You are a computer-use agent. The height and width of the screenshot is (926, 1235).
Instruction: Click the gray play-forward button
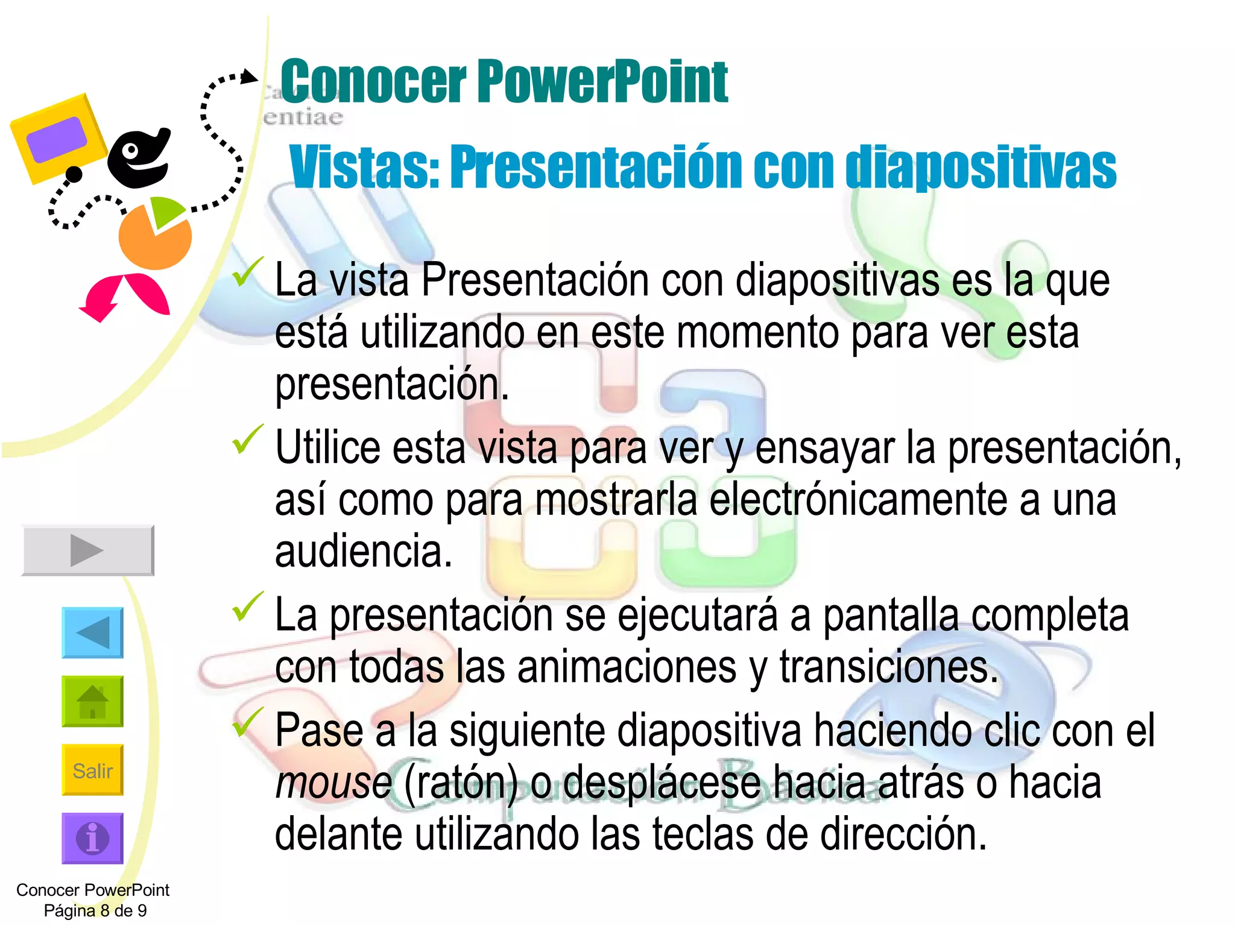[88, 550]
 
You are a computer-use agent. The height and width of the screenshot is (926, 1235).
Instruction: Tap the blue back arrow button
[92, 632]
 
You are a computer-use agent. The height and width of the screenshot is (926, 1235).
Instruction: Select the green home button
[92, 701]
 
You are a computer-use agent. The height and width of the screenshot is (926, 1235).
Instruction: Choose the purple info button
[92, 838]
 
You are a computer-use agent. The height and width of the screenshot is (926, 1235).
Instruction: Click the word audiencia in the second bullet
[363, 552]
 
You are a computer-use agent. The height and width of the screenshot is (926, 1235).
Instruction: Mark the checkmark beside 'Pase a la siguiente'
[248, 721]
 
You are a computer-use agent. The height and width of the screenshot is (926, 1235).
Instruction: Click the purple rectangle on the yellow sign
[57, 139]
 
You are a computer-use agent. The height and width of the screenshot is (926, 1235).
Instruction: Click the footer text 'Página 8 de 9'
[95, 910]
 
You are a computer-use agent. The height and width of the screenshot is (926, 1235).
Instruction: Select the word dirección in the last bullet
[903, 835]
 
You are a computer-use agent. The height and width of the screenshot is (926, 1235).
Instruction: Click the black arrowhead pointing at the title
[248, 77]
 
